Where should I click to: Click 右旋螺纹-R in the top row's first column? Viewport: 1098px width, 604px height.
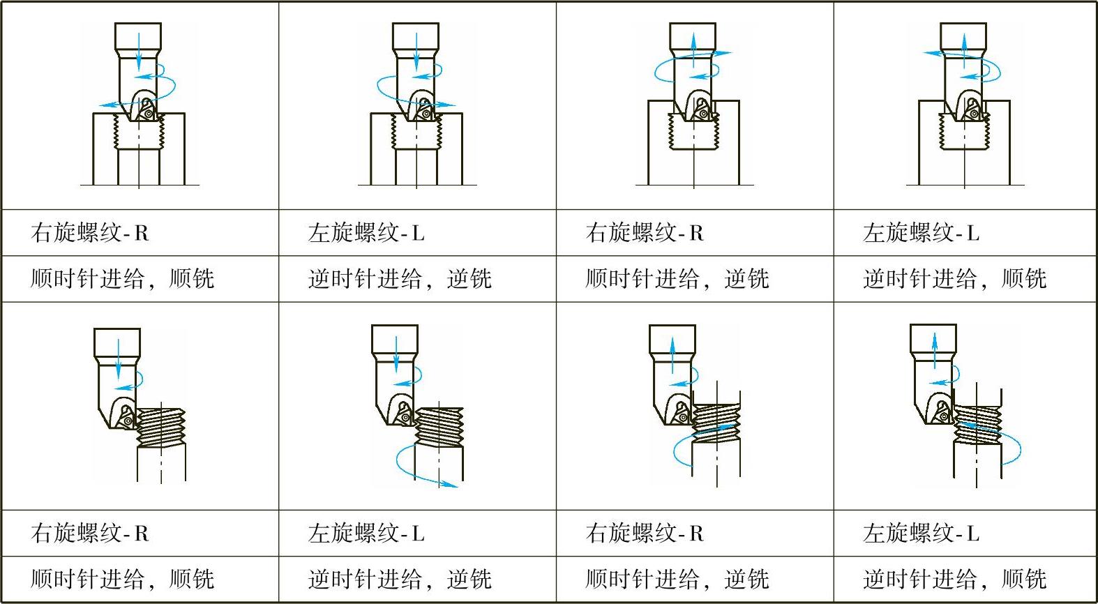point(90,233)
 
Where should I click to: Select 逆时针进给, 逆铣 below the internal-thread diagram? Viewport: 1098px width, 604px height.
point(400,279)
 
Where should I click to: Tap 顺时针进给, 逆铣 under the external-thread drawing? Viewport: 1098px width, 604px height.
point(677,579)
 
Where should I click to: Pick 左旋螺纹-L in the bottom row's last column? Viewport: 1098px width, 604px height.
point(921,534)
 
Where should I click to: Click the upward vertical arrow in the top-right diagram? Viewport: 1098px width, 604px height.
point(964,49)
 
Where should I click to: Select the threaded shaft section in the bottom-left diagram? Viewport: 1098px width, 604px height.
point(161,426)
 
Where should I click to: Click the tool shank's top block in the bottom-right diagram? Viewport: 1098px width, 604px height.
point(933,339)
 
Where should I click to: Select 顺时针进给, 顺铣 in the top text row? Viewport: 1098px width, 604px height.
point(122,279)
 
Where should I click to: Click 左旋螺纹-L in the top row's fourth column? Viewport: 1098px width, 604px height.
point(921,233)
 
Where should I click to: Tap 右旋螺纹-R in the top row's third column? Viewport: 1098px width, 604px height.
point(645,233)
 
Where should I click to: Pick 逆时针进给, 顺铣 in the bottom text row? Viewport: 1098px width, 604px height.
point(954,579)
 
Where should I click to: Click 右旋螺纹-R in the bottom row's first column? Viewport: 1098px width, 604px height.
point(90,534)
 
